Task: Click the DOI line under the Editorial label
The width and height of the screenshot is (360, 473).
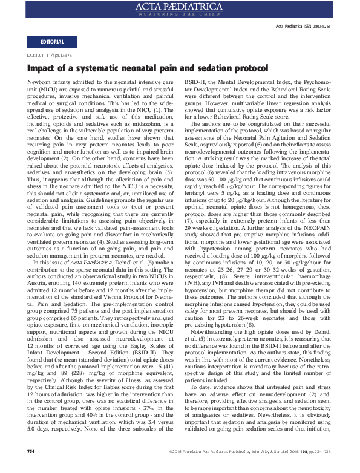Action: (x=48, y=55)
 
